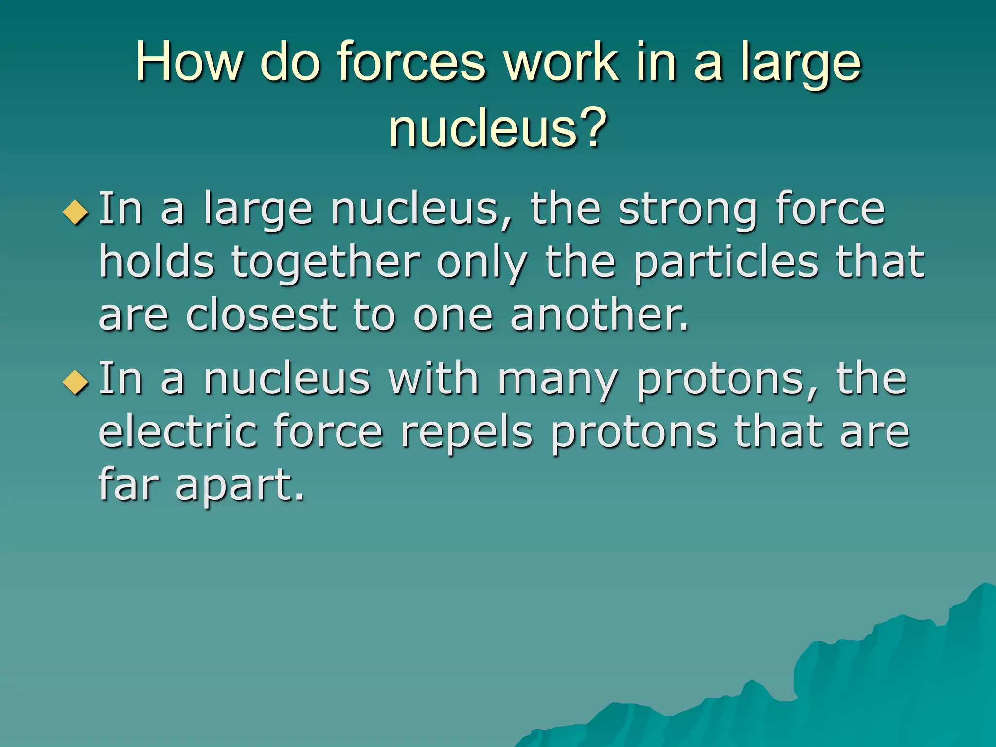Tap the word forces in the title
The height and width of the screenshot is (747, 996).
411,62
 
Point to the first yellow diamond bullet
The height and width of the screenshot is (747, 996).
76,212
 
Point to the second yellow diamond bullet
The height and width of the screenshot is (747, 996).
76,382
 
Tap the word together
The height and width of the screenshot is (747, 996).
325,263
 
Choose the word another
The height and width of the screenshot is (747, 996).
599,315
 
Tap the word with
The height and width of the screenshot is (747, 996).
433,379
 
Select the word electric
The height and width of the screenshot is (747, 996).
178,431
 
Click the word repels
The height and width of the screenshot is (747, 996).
466,432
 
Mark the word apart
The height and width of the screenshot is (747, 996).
239,485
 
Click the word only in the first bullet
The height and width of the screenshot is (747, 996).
481,263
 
